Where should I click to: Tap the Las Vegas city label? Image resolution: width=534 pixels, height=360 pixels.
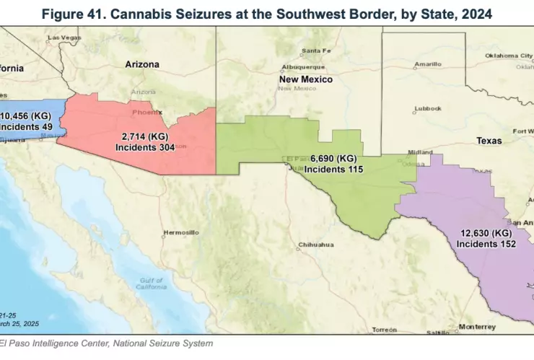click(x=64, y=37)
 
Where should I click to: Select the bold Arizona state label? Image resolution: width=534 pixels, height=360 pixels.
click(x=142, y=64)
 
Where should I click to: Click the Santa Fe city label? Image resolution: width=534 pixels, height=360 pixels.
click(x=316, y=51)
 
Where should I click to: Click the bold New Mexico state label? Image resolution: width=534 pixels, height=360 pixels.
click(x=306, y=79)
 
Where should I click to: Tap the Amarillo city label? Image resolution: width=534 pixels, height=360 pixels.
click(x=428, y=64)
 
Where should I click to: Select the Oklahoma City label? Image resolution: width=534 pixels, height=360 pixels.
click(x=508, y=56)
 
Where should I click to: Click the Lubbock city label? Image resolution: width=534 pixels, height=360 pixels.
click(x=427, y=108)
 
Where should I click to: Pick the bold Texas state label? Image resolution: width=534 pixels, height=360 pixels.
click(x=489, y=141)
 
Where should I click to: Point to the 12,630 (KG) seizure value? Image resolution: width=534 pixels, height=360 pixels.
click(x=486, y=233)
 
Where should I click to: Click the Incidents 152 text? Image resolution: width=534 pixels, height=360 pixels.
click(x=486, y=244)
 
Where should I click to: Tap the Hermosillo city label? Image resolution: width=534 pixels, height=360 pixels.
click(x=180, y=232)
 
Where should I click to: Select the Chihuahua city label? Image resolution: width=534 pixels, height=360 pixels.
click(x=316, y=245)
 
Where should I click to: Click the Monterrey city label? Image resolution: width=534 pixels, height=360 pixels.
click(x=476, y=326)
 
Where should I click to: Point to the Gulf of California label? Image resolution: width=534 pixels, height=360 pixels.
click(x=150, y=283)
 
